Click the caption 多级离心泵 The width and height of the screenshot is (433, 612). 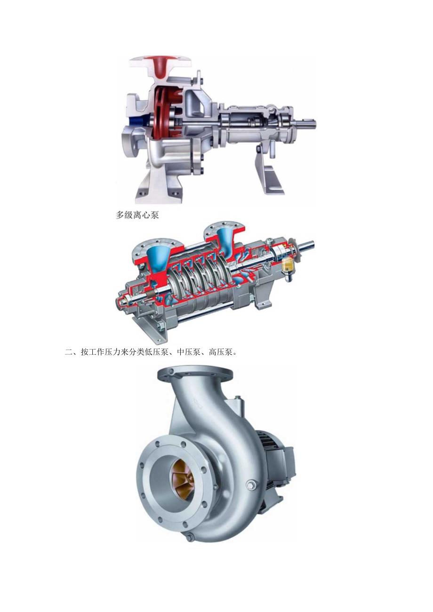click(x=137, y=215)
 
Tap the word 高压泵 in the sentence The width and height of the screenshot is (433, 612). click(x=220, y=352)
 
